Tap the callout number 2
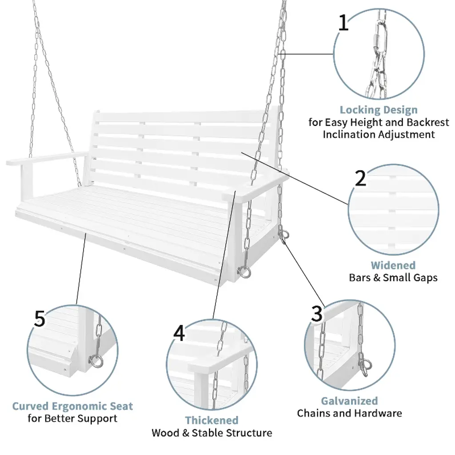tap(360, 178)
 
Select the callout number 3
tap(316, 314)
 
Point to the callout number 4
tap(179, 333)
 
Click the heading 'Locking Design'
tap(379, 110)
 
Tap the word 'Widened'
tap(393, 265)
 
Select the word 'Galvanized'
tap(349, 401)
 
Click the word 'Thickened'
tap(212, 420)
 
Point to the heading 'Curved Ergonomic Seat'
tap(72, 406)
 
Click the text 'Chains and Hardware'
tap(349, 413)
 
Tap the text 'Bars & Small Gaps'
tap(393, 278)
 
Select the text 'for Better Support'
tap(72, 419)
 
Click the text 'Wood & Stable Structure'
tap(212, 432)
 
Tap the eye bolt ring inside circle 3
tap(365, 367)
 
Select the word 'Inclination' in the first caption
tap(349, 134)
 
